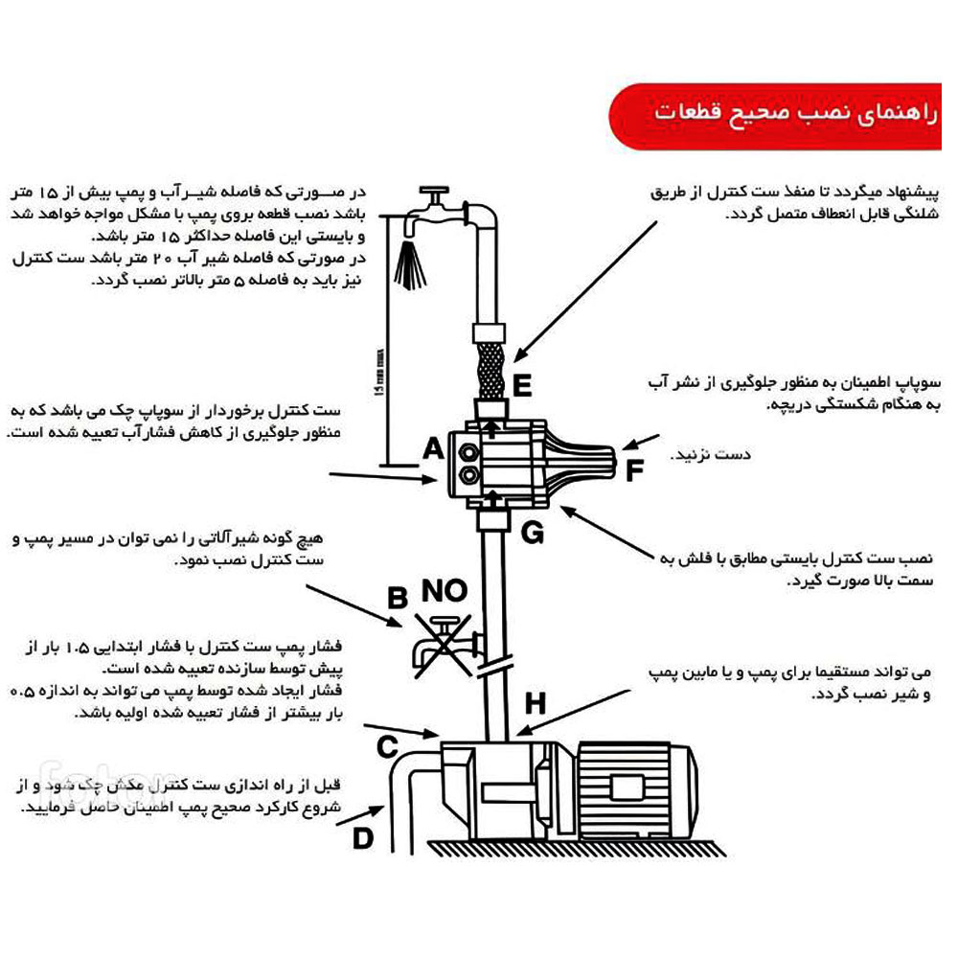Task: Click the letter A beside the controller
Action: (x=433, y=448)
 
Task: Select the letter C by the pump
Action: (x=388, y=745)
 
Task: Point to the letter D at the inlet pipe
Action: (x=362, y=838)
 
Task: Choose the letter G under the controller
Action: (x=533, y=532)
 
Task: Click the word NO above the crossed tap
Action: (x=446, y=591)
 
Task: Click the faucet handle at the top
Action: (x=438, y=192)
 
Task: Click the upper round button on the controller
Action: (x=469, y=447)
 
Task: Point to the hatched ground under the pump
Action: (x=575, y=848)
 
